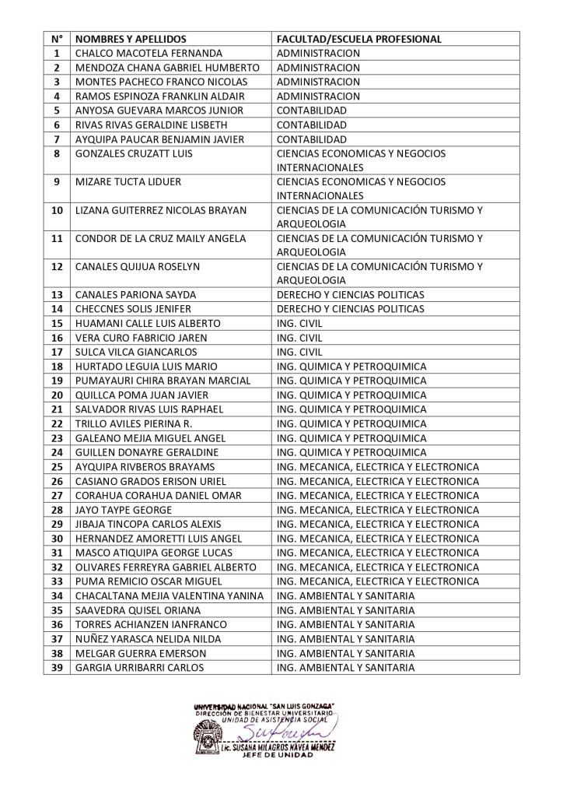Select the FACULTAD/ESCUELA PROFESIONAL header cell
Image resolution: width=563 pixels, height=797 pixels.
[x=359, y=39]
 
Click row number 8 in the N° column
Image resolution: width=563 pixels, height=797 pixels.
[x=57, y=153]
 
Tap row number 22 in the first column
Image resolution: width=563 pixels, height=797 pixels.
[x=57, y=423]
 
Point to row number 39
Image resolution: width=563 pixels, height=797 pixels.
[x=57, y=667]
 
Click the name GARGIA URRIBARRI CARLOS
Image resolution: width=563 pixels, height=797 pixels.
[x=140, y=667]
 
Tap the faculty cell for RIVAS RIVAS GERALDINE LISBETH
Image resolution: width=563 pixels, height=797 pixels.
[x=312, y=125]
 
